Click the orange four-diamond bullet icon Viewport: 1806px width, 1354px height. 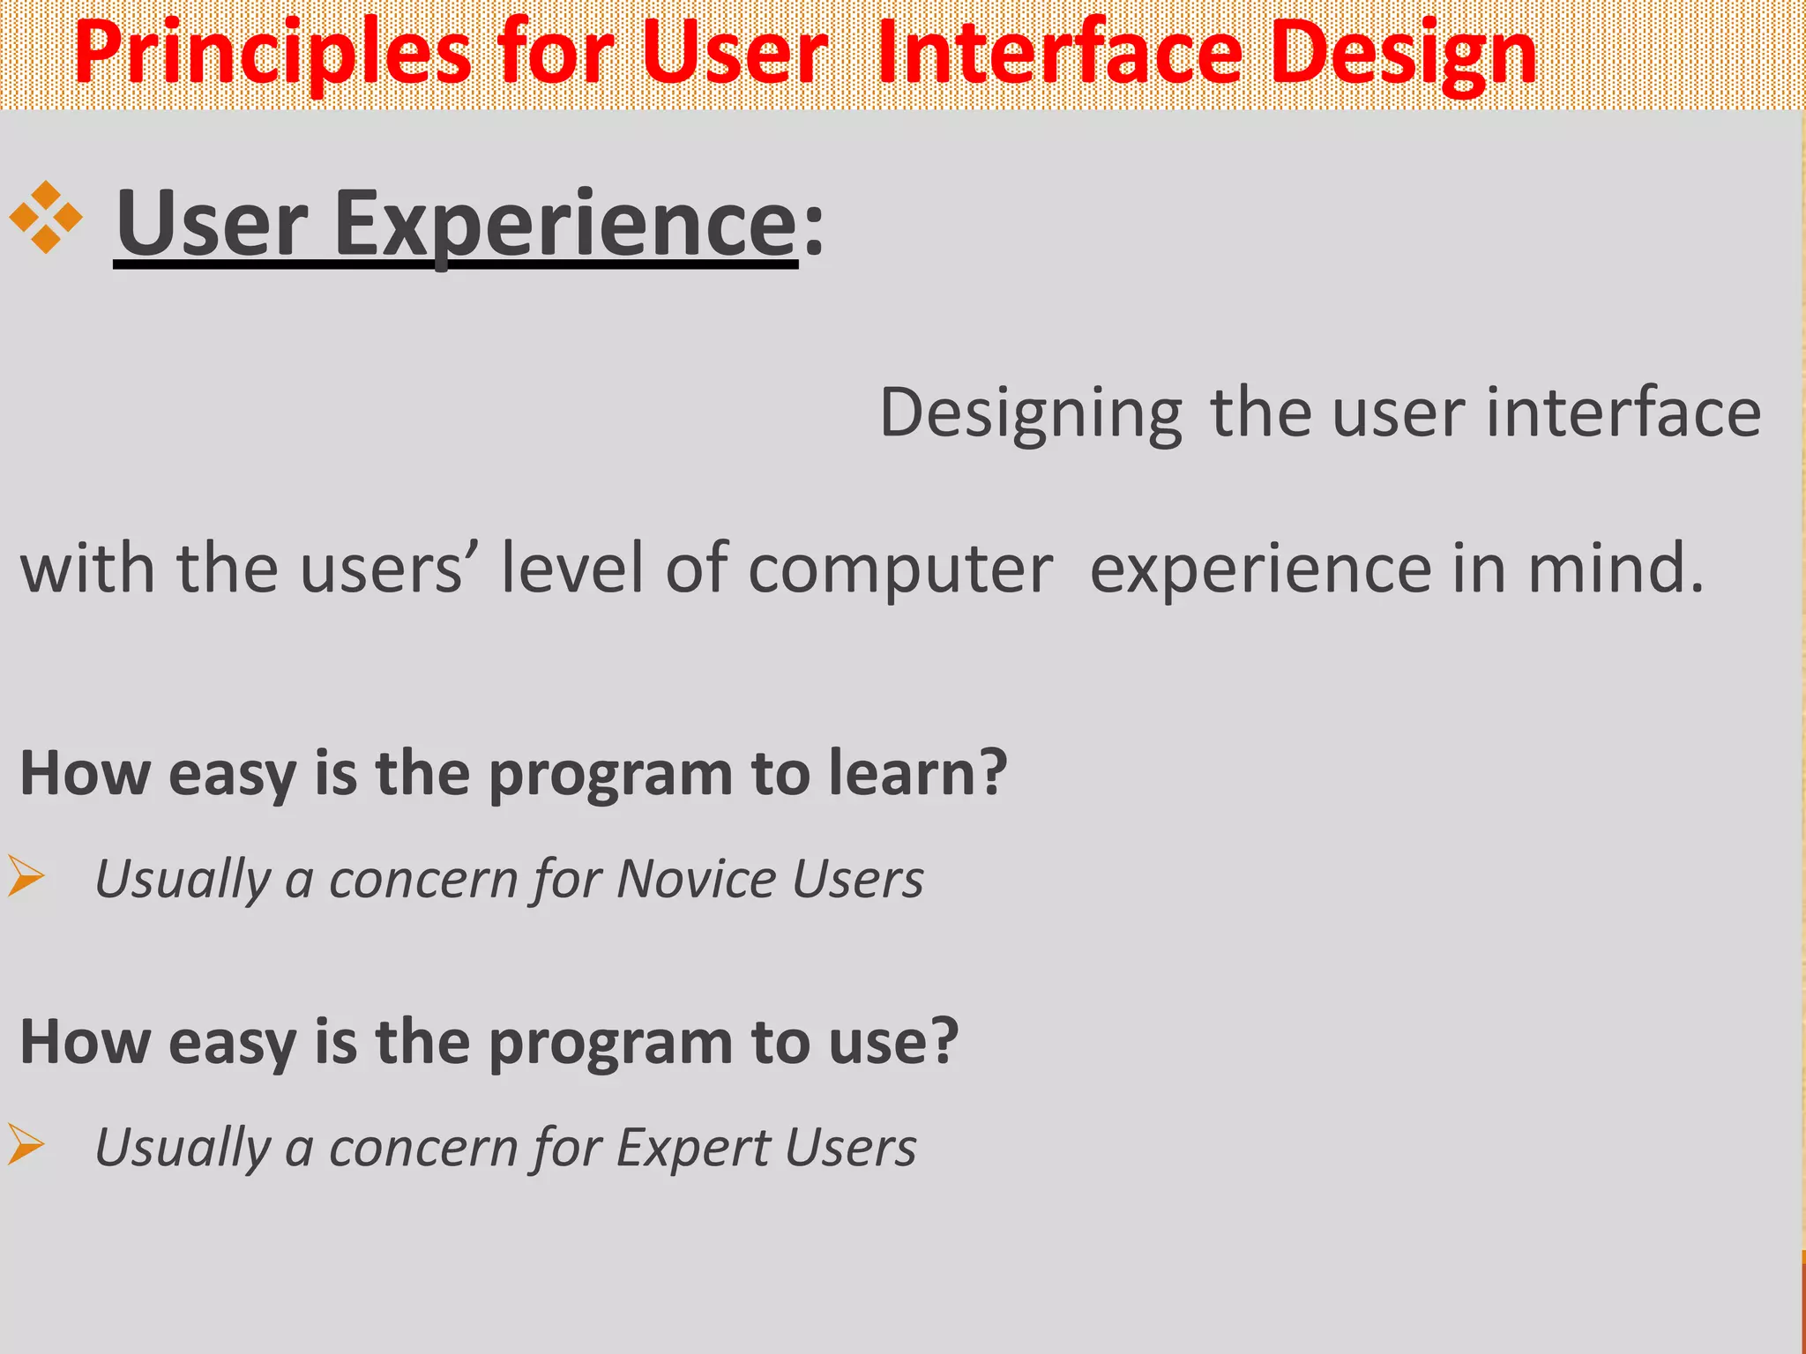pyautogui.click(x=46, y=218)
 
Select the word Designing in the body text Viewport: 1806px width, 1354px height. pyautogui.click(x=1031, y=414)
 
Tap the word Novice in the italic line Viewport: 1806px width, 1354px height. pyautogui.click(x=697, y=879)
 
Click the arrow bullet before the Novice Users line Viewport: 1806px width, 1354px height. pyautogui.click(x=26, y=876)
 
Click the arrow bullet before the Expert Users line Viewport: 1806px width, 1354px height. pyautogui.click(x=26, y=1144)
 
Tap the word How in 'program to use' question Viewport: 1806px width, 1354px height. pyautogui.click(x=85, y=1042)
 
